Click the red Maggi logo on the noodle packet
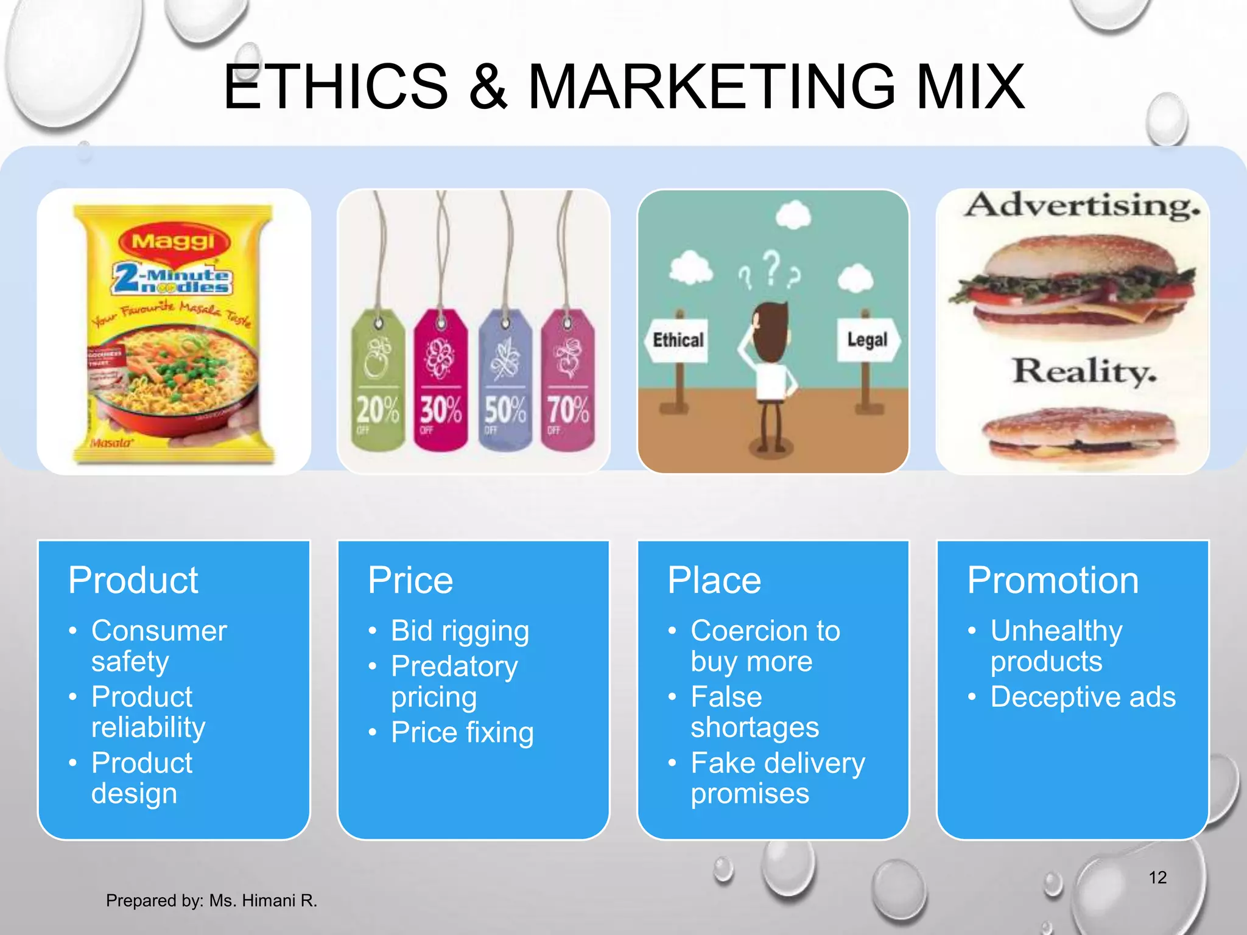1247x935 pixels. coord(174,242)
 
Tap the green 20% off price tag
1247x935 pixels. coord(378,380)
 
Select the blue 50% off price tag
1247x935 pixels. coord(505,380)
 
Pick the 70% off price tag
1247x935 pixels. coord(567,380)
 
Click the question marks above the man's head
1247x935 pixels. coord(771,271)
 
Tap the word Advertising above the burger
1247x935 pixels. coord(1082,205)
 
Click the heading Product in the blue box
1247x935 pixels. coord(133,580)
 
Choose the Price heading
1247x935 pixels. coord(410,580)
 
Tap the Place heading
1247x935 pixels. coord(714,580)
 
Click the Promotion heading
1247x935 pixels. coord(1053,580)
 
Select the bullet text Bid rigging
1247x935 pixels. coord(460,631)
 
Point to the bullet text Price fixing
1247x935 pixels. coord(462,732)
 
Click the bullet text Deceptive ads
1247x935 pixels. coord(1083,697)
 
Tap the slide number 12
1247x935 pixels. coord(1157,877)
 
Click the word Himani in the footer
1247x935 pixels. coord(270,900)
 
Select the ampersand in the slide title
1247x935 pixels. coord(488,87)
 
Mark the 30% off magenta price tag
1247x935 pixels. coord(441,380)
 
